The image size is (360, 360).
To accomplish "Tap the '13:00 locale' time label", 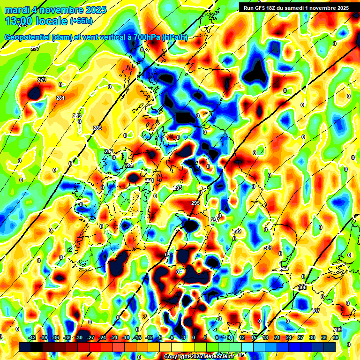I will point(36,21).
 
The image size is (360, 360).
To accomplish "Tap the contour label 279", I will point(42,80).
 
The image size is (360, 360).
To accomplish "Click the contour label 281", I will point(60,98).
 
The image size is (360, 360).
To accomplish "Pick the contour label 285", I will point(97,128).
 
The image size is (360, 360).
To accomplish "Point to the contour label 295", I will point(195,203).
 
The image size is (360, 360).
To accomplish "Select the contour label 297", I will point(215,220).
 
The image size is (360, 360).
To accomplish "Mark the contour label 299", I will point(237,231).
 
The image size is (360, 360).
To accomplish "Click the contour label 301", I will point(268,248).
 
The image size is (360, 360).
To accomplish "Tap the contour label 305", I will point(302,287).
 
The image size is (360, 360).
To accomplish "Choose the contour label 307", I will point(315,311).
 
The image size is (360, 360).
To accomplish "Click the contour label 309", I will point(337,330).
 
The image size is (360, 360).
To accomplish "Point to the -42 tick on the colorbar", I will point(32,337).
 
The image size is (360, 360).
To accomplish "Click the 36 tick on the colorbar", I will point(336,337).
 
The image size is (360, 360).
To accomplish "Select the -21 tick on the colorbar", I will point(114,337).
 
